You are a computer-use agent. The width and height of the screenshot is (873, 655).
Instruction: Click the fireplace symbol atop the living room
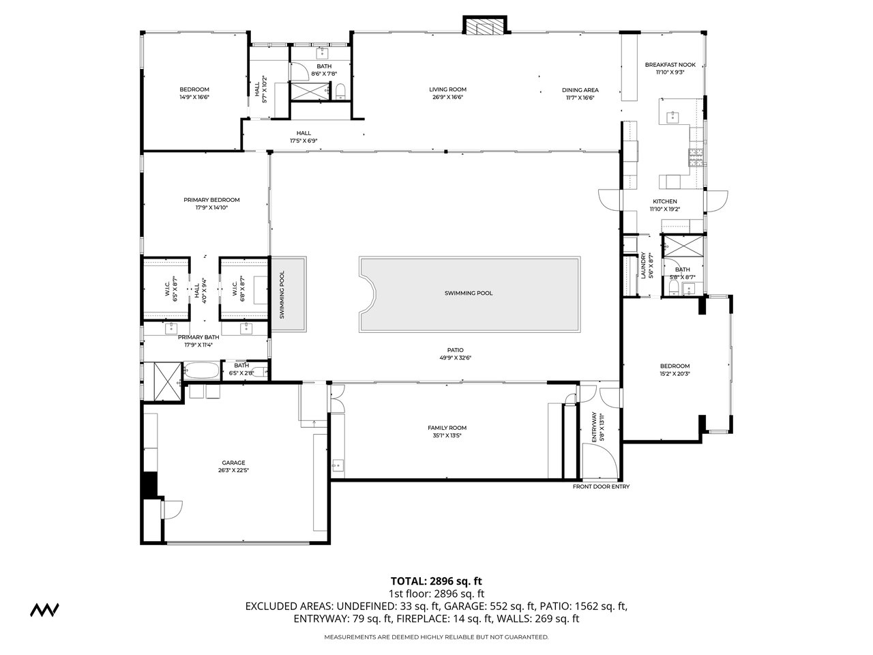point(486,26)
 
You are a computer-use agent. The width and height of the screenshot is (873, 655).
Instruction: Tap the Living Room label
point(447,89)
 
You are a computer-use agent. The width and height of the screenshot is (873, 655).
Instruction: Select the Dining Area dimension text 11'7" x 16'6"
point(580,98)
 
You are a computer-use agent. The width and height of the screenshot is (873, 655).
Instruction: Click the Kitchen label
point(664,201)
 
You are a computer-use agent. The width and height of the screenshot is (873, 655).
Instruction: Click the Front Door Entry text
point(601,486)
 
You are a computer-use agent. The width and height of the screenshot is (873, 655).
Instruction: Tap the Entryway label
point(594,428)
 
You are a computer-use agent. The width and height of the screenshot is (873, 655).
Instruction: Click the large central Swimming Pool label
point(468,293)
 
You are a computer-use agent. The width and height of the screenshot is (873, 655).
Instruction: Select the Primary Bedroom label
point(211,200)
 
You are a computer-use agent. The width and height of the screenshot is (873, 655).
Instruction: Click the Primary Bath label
point(198,337)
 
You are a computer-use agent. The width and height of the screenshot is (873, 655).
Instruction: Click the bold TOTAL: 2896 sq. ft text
point(436,581)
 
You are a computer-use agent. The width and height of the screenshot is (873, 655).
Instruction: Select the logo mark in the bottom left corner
point(44,609)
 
